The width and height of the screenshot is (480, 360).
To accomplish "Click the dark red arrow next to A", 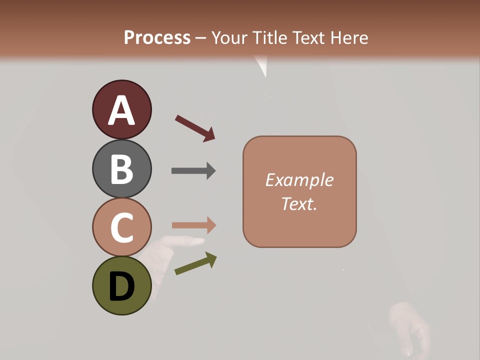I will point(195,128).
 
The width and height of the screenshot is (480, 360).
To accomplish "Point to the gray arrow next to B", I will point(193,170).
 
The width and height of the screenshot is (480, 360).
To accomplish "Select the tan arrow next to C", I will point(193,226).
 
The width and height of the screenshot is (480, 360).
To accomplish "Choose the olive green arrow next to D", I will point(195,263).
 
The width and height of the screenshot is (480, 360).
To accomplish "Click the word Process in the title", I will point(157,37).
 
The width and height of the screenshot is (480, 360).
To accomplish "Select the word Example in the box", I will point(299,180).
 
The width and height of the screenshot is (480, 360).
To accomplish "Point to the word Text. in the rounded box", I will point(299,204).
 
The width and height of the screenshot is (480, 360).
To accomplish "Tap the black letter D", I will point(121,287).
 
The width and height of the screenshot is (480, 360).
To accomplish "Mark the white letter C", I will point(121,228).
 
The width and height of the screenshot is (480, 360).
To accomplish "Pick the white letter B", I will point(121,169).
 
